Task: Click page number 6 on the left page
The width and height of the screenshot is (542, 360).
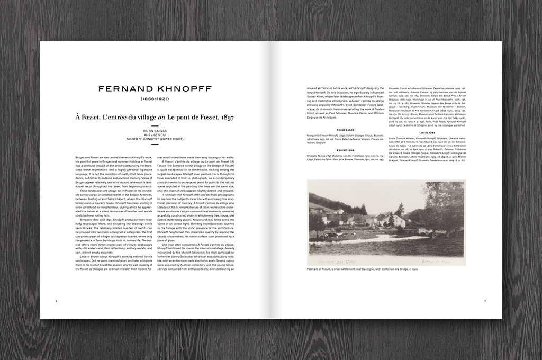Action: click(x=56, y=301)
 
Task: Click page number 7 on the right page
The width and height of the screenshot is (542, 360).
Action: click(x=485, y=301)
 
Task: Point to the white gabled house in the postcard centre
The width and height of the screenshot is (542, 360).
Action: click(x=398, y=220)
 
